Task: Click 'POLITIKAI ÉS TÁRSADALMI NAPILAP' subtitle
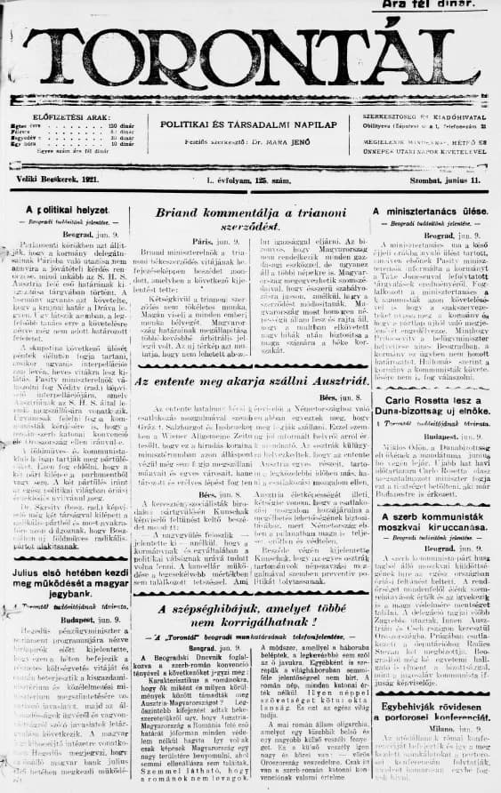click(x=247, y=124)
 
